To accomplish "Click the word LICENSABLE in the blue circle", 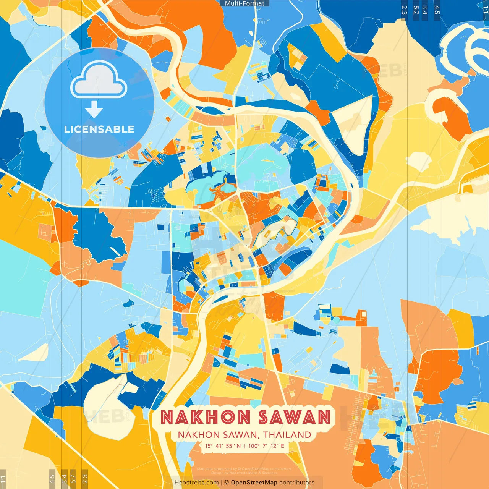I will click(99, 129).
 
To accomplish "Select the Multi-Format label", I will click(244, 3).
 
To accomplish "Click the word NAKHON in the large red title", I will click(206, 417).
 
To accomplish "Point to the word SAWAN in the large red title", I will click(294, 417).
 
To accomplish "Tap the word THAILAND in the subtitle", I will click(287, 435).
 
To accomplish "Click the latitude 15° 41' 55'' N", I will click(222, 446).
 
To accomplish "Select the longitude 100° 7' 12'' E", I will click(266, 446).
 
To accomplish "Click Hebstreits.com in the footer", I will click(196, 483).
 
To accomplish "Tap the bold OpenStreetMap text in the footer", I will click(254, 483).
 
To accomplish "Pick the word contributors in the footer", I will click(297, 483).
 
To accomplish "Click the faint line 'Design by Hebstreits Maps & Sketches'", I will click(244, 473).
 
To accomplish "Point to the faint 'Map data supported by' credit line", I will click(216, 469).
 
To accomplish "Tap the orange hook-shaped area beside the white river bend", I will click(453, 115).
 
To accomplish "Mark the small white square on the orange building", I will click(363, 314).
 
